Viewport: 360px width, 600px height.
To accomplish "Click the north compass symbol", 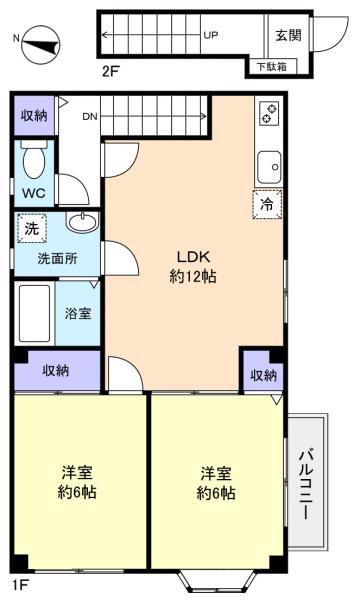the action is (x=41, y=44).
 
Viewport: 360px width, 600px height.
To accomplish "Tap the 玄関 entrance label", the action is (x=288, y=36).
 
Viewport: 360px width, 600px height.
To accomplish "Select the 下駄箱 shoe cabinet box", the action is (x=271, y=67).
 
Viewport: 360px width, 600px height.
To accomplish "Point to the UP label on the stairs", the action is (x=210, y=36).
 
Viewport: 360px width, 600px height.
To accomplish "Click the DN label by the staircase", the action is (x=90, y=117).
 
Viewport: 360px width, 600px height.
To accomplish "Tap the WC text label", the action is (x=34, y=193).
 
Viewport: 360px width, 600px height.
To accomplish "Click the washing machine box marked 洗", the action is (x=32, y=228).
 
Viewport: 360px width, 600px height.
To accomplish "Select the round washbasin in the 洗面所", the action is (x=82, y=221).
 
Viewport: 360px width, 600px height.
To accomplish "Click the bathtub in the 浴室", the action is (x=34, y=313).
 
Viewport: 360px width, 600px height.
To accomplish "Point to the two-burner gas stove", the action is (x=269, y=114).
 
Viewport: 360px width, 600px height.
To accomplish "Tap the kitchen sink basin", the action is (x=269, y=167).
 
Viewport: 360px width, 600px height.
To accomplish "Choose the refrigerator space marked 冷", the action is (x=267, y=204).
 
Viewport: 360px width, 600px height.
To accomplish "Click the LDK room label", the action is (x=193, y=256).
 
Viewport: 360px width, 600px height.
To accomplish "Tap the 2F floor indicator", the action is (x=111, y=72).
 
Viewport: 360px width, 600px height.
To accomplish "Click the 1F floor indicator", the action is (x=21, y=585).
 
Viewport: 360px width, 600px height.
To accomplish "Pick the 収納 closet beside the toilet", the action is (x=34, y=116).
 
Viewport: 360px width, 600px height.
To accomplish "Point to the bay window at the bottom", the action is (x=217, y=582).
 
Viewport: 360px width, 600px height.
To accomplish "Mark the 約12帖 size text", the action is (x=193, y=276).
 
